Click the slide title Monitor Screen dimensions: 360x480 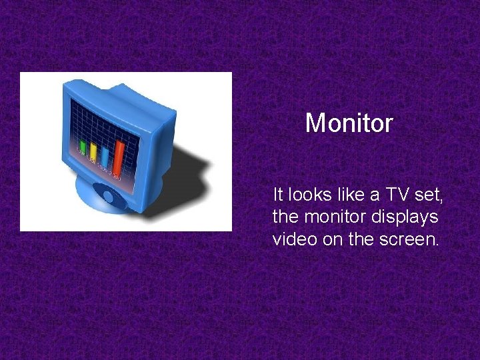click(349, 123)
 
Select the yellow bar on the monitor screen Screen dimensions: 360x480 click(94, 153)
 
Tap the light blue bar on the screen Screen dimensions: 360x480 click(105, 157)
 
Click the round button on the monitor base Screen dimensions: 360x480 click(107, 196)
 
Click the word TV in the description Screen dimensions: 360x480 click(392, 195)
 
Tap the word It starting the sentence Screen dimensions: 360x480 click(278, 195)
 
